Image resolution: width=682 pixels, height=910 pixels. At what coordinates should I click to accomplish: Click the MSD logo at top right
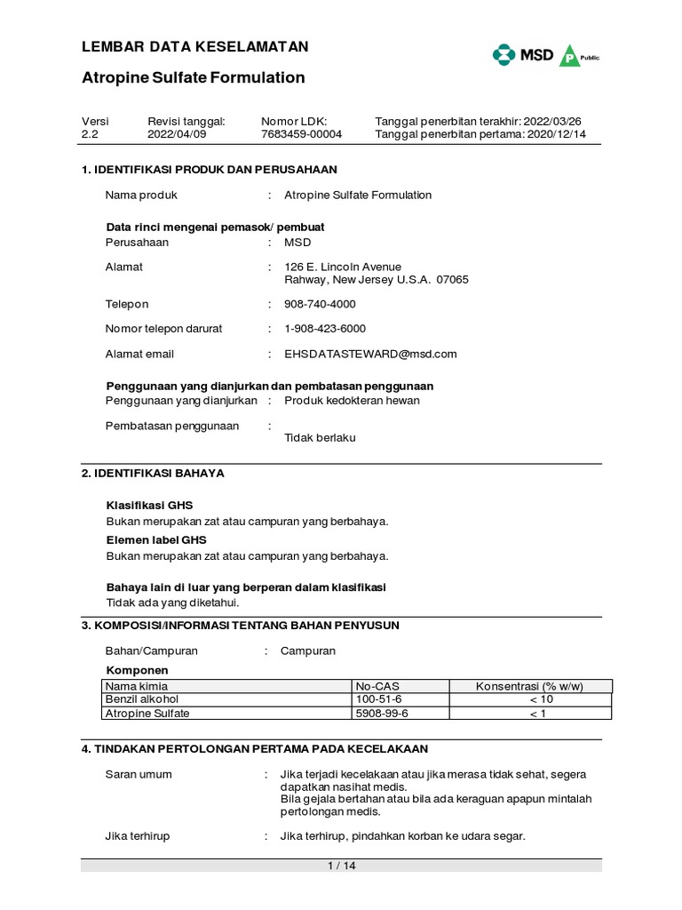(x=523, y=55)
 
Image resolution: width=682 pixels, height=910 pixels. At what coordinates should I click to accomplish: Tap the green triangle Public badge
(x=572, y=57)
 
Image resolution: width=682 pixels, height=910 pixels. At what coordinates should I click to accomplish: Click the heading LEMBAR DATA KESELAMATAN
(x=195, y=46)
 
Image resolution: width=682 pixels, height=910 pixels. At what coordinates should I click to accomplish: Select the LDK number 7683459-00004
(x=301, y=134)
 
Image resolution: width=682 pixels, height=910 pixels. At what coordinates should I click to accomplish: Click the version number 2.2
(x=90, y=134)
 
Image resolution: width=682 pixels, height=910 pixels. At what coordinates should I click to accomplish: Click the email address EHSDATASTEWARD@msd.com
(x=370, y=354)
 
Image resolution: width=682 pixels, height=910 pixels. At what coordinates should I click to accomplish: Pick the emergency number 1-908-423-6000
(x=325, y=329)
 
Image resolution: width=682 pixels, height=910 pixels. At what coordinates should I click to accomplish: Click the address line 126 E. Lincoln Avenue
(x=343, y=267)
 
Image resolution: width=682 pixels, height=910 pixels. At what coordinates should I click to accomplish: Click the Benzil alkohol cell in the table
(x=142, y=699)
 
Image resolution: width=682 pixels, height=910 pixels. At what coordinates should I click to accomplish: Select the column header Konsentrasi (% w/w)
(x=530, y=686)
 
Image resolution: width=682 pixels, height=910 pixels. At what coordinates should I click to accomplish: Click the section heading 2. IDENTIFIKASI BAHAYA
(x=153, y=474)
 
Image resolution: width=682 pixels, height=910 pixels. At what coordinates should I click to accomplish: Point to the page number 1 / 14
(x=341, y=866)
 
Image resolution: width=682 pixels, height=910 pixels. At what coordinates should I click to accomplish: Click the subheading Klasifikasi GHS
(x=149, y=505)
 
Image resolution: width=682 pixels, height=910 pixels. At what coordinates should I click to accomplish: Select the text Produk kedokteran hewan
(x=352, y=400)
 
